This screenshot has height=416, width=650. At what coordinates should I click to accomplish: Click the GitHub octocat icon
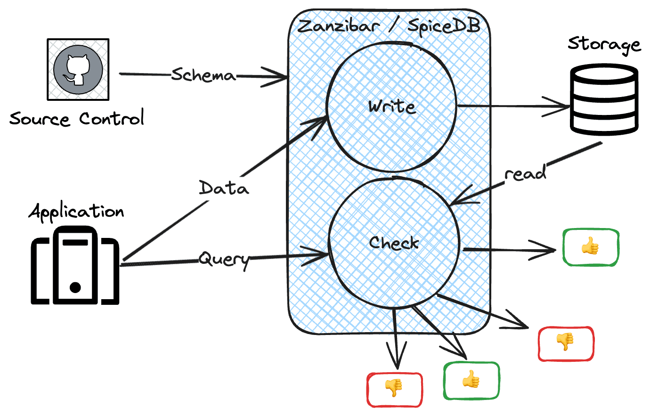coord(78,70)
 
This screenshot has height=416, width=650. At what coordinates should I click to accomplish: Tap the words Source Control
coord(77,119)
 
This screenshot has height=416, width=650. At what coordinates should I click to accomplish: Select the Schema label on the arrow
coord(203,75)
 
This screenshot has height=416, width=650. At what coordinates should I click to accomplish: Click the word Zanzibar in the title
coord(339,25)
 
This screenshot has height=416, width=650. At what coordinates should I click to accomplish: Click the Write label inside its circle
coord(392,106)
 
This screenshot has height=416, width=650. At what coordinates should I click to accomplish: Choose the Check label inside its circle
coord(394,243)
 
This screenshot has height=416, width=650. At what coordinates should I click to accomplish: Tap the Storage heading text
coord(604,44)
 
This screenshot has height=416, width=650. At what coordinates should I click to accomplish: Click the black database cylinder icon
coord(604,100)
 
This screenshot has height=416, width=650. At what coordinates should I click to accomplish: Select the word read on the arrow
coord(525,173)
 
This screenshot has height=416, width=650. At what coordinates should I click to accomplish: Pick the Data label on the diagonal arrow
coord(224,188)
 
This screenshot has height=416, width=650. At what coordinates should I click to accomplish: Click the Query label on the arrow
coord(224,259)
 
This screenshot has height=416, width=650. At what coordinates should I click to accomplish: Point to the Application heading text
coord(76,212)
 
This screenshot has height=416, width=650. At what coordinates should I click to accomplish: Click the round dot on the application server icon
coord(75,287)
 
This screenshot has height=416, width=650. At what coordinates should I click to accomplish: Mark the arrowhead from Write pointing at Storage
coord(563,107)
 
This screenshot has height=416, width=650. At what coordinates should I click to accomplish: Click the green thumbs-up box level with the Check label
coord(590,247)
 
